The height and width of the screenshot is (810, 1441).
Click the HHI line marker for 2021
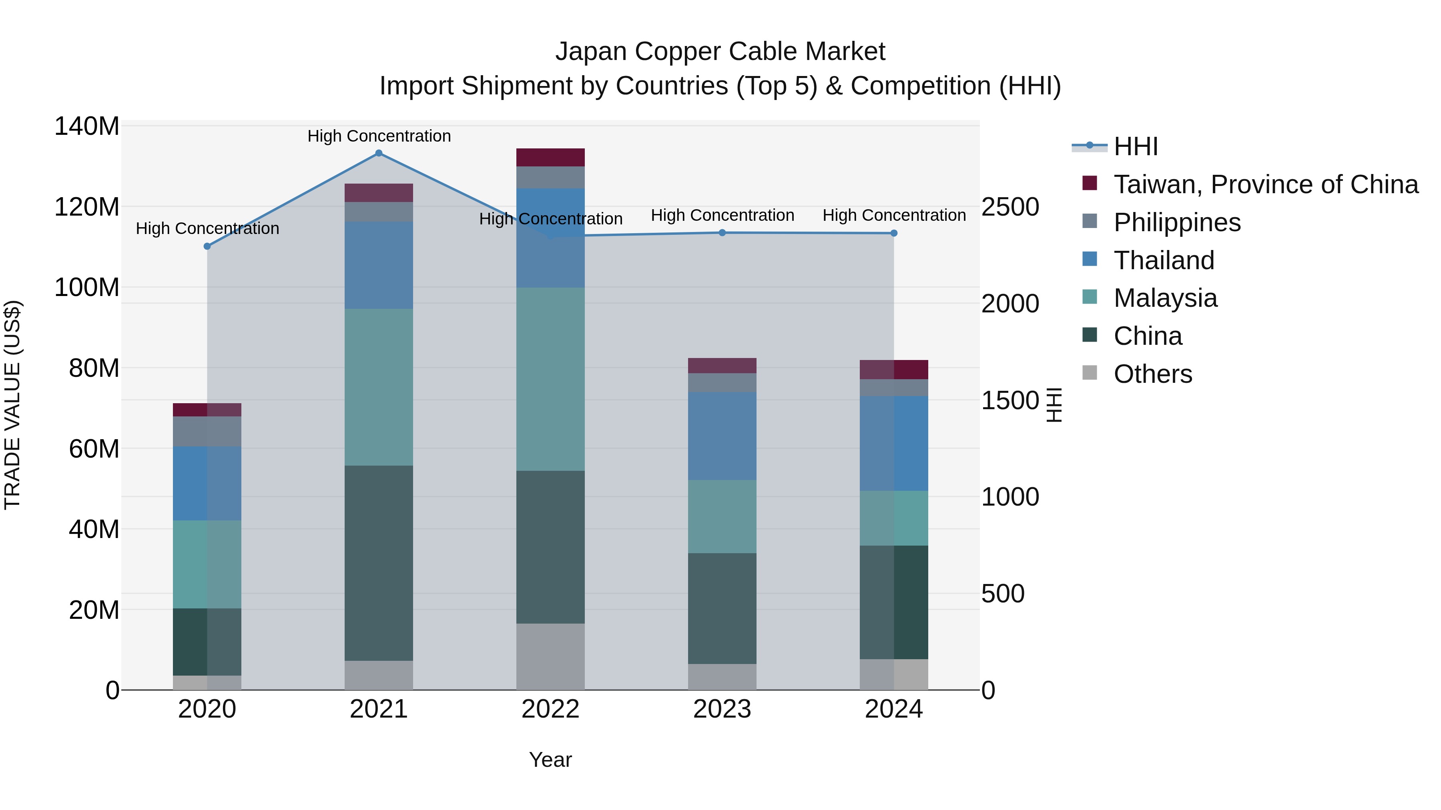[x=379, y=153]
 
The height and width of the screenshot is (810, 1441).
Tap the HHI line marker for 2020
[x=207, y=246]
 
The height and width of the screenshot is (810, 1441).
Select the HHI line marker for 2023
[x=722, y=232]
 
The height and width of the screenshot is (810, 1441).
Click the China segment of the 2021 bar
[x=379, y=563]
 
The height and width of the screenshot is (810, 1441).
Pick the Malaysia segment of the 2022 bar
[x=550, y=379]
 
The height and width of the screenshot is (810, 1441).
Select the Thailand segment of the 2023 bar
[x=722, y=436]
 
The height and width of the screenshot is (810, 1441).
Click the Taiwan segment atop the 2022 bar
[x=550, y=157]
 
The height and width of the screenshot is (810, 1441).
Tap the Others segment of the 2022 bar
[x=550, y=656]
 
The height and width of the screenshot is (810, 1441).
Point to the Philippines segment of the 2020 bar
[x=207, y=431]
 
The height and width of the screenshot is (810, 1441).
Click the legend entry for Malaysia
[x=1165, y=298]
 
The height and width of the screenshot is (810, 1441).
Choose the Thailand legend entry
[x=1164, y=260]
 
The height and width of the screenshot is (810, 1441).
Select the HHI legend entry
[x=1135, y=146]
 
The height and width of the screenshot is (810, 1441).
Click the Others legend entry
[x=1152, y=374]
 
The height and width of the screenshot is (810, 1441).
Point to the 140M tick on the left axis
[x=87, y=126]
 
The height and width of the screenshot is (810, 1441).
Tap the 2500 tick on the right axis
[x=1010, y=207]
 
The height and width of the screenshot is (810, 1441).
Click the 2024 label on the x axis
[x=893, y=709]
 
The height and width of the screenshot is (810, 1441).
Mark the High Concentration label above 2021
[x=379, y=136]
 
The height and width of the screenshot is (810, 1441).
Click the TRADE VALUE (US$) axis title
[x=13, y=405]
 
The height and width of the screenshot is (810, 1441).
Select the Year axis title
[x=550, y=760]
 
